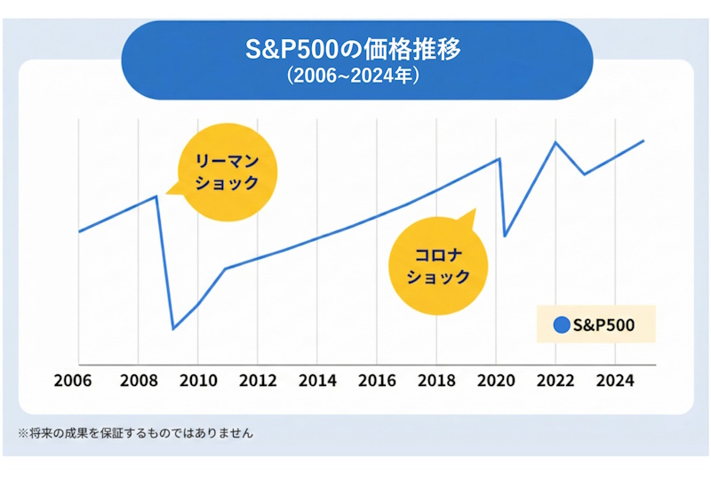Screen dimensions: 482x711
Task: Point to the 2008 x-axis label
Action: tap(138, 382)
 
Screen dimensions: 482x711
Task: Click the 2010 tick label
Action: tap(197, 382)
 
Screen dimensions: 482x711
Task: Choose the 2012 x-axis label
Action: tap(257, 382)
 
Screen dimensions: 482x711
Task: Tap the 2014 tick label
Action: tap(316, 382)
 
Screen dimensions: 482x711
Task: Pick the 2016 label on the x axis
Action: tap(376, 382)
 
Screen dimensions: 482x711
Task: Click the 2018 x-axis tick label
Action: tap(435, 382)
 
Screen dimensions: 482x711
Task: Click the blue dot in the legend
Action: tap(561, 325)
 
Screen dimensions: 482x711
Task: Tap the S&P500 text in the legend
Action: tap(604, 325)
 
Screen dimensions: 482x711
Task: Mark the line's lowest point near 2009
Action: tap(172, 329)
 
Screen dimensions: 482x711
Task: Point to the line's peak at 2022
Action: tap(555, 141)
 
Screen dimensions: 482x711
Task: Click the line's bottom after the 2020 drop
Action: tap(505, 236)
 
